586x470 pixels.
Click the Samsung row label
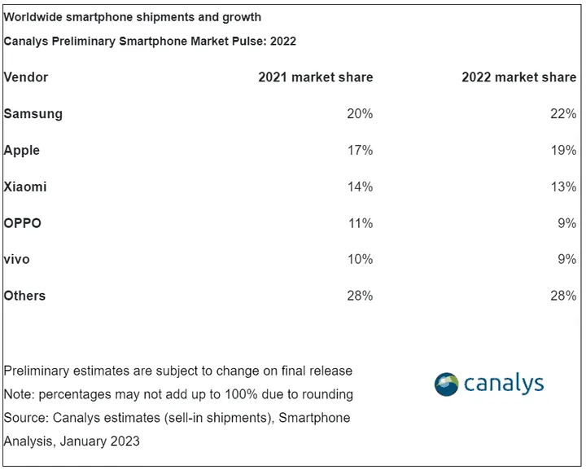coord(33,114)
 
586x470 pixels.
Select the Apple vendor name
coord(22,151)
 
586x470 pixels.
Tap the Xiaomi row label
coord(25,187)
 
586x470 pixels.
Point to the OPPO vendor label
coord(23,223)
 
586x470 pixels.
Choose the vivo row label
coord(17,259)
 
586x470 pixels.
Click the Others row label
coord(25,296)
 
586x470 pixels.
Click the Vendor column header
coord(26,77)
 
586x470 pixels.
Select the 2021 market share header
coord(316,77)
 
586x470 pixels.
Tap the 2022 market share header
coord(518,77)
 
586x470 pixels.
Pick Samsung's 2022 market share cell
coord(563,114)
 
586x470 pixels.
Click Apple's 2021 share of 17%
coord(360,151)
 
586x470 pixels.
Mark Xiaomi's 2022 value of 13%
coord(563,187)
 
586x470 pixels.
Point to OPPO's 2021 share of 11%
coord(360,223)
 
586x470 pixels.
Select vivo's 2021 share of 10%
coord(360,259)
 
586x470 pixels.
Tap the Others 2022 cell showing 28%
coord(563,296)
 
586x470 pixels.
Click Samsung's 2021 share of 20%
coord(360,114)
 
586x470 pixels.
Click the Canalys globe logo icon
coord(447,384)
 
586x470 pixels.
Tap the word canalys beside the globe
coord(504,383)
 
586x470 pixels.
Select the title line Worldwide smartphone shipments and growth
coord(133,17)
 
